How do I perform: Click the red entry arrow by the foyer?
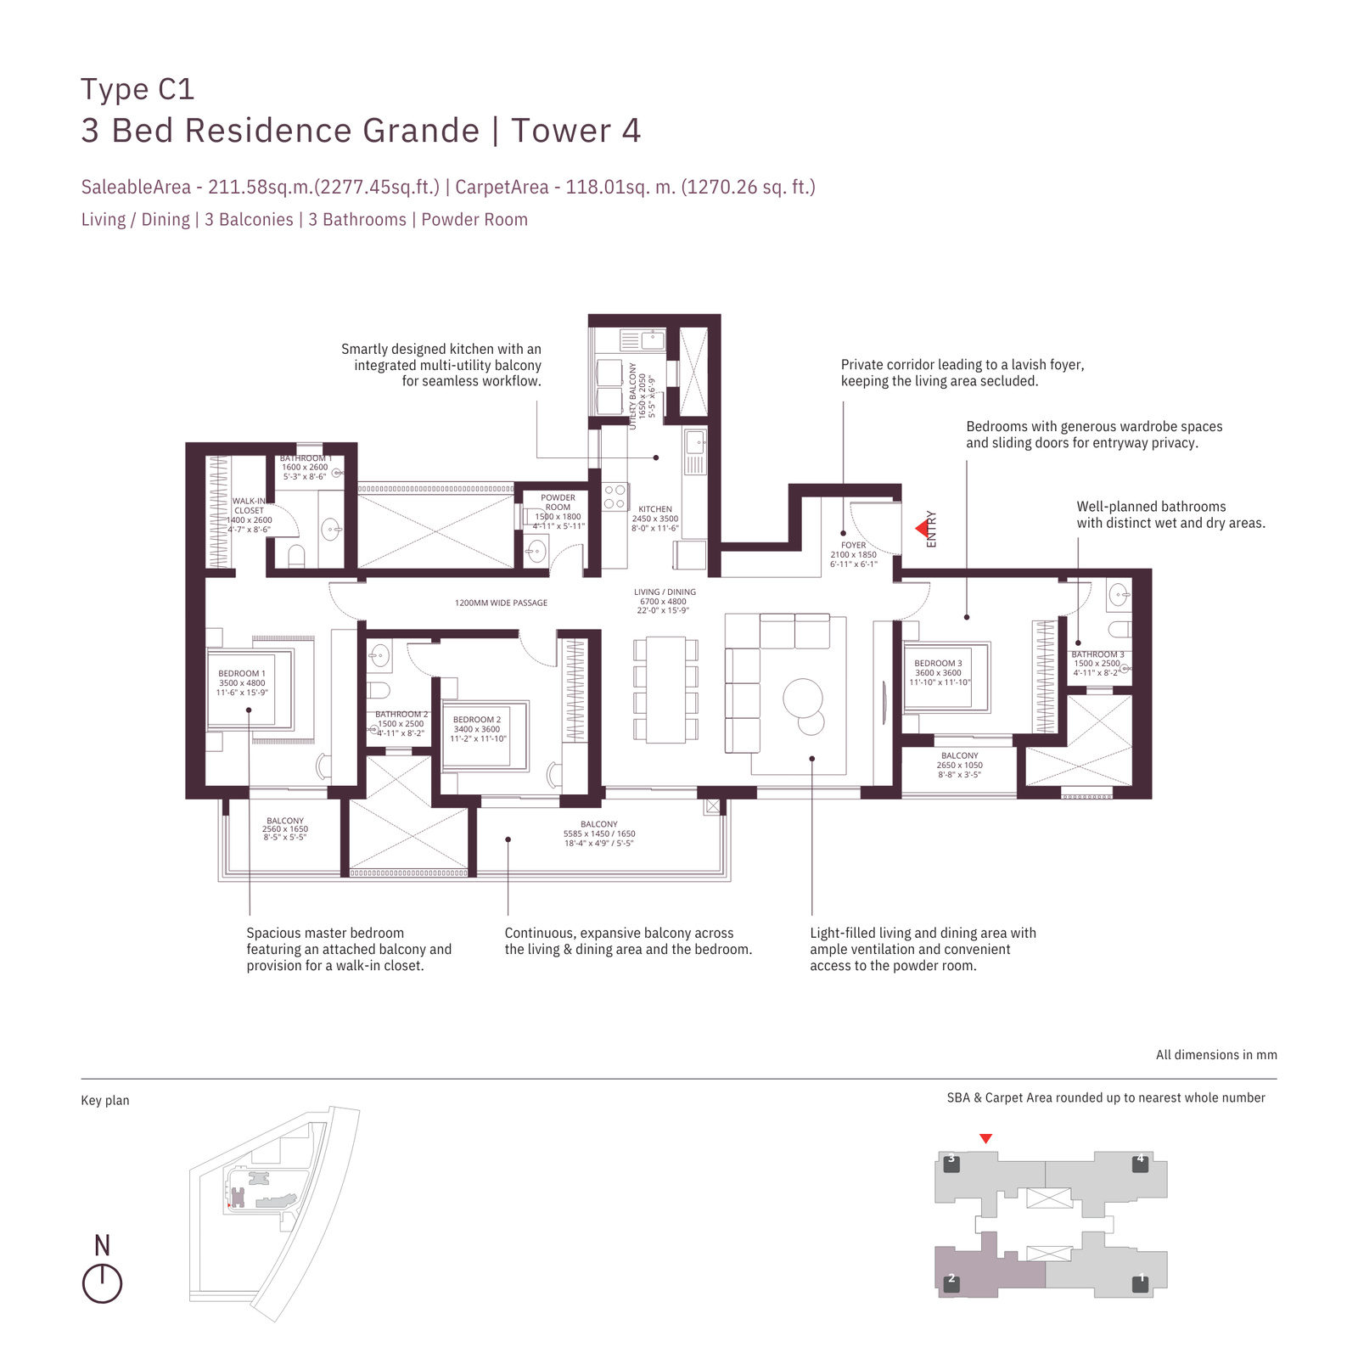point(921,529)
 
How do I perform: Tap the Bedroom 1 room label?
point(242,674)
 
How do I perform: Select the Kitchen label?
point(655,509)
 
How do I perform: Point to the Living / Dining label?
point(665,592)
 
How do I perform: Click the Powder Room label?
point(558,502)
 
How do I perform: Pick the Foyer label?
point(854,546)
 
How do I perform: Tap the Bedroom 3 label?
point(938,664)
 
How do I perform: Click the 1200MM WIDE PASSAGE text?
point(501,603)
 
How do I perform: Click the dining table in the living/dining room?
point(665,689)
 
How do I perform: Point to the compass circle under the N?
point(102,1284)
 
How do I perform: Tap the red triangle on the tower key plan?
point(985,1139)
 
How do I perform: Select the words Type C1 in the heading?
point(137,89)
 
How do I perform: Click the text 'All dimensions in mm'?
point(1215,1055)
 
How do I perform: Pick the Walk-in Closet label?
point(249,506)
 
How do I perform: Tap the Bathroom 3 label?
point(1097,654)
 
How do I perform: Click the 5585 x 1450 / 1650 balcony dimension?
point(599,833)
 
